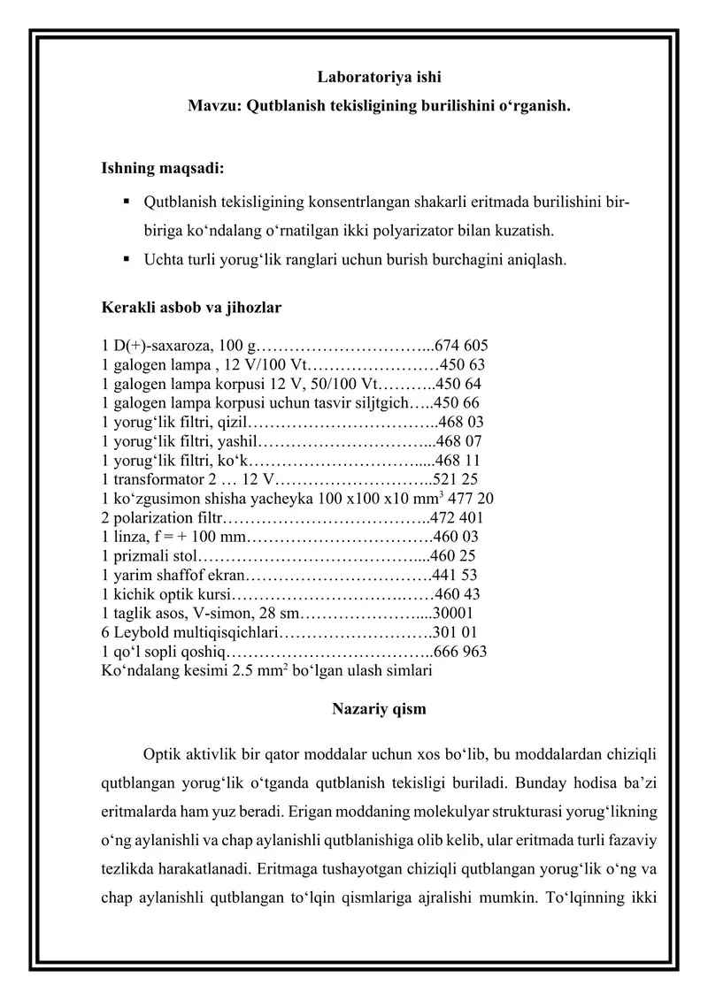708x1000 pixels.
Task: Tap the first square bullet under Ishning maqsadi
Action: tap(127, 202)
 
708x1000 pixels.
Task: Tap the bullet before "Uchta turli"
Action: tap(127, 259)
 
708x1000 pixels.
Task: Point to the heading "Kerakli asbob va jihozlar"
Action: tap(192, 308)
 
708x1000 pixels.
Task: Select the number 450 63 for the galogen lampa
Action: tap(461, 364)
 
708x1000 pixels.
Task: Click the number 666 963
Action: tap(460, 652)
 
